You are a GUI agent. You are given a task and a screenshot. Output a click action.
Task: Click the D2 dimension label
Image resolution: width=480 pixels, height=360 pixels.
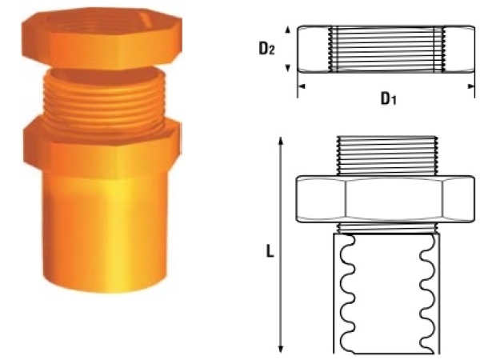coord(268,49)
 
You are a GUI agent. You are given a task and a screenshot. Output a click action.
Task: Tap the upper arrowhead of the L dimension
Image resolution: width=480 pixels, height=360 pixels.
coord(281,140)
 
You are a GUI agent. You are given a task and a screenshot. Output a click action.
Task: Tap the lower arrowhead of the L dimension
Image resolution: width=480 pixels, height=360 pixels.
coord(281,348)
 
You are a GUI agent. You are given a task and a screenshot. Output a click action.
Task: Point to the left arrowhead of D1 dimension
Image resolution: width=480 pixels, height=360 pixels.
coord(301,82)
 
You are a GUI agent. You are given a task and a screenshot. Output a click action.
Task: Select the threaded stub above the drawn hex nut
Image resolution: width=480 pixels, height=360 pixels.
coord(385,155)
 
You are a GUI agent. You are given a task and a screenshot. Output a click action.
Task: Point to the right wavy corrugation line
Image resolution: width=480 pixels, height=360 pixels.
coord(423,288)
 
